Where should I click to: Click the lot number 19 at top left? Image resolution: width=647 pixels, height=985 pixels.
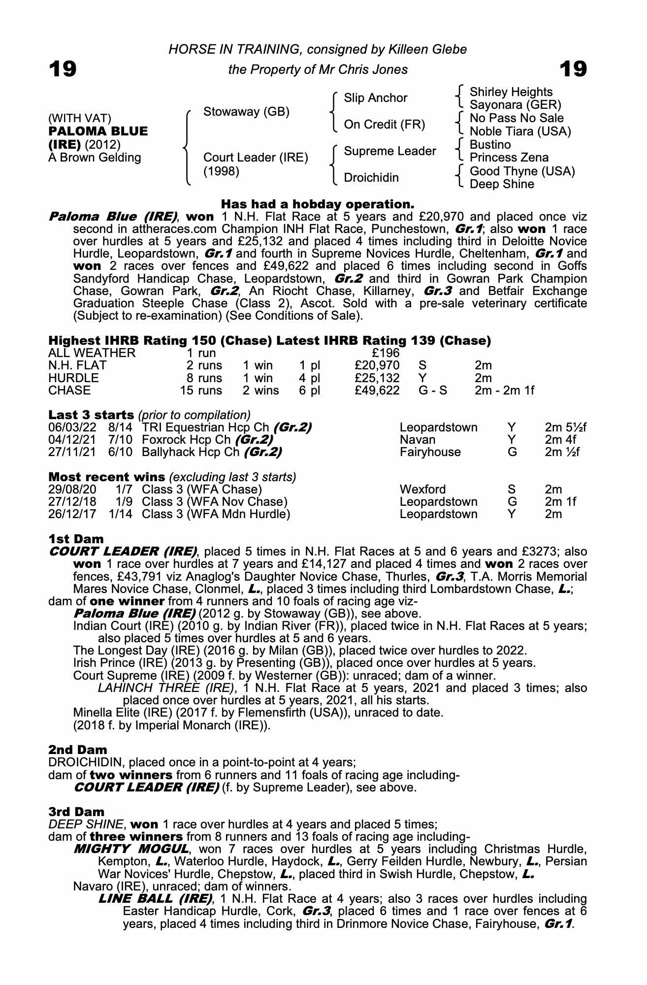pyautogui.click(x=63, y=69)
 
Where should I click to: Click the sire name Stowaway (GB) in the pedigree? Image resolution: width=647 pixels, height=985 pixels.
pyautogui.click(x=246, y=112)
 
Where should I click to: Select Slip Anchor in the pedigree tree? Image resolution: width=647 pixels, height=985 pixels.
pyautogui.click(x=375, y=98)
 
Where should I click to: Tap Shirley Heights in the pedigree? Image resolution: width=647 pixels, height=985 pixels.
pyautogui.click(x=511, y=92)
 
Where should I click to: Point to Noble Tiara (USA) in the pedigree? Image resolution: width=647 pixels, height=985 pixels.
pyautogui.click(x=520, y=131)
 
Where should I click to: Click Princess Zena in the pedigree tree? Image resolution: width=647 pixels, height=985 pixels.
pyautogui.click(x=509, y=158)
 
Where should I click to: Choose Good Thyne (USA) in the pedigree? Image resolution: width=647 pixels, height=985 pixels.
pyautogui.click(x=522, y=171)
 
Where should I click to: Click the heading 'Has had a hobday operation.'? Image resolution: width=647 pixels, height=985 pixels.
pyautogui.click(x=318, y=203)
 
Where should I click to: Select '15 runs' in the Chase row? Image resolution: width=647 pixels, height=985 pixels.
pyautogui.click(x=201, y=391)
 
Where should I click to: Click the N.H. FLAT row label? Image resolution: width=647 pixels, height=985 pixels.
pyautogui.click(x=77, y=365)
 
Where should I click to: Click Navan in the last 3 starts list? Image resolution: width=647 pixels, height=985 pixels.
pyautogui.click(x=418, y=439)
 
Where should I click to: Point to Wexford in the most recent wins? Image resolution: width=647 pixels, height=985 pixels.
pyautogui.click(x=422, y=490)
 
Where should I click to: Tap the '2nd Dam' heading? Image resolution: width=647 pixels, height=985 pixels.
pyautogui.click(x=77, y=750)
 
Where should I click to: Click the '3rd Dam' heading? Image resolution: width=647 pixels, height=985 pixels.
pyautogui.click(x=76, y=811)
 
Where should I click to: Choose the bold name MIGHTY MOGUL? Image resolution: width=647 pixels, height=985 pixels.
pyautogui.click(x=130, y=849)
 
